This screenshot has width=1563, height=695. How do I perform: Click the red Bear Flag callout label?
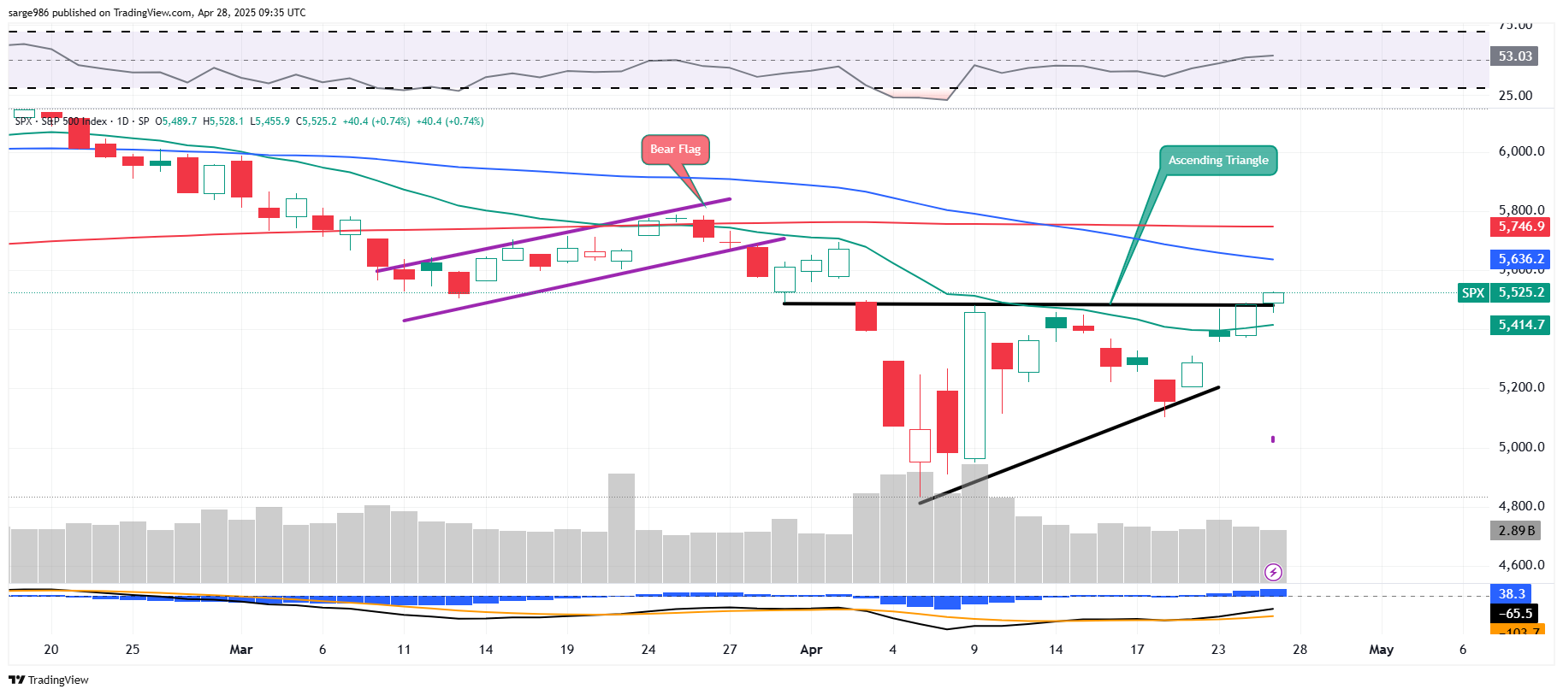click(x=675, y=150)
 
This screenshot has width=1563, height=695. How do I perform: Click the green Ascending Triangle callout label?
click(x=1218, y=161)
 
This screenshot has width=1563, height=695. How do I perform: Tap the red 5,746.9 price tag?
click(x=1519, y=227)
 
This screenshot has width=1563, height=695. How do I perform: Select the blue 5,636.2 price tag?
click(x=1519, y=259)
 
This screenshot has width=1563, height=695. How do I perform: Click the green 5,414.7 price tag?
click(x=1519, y=325)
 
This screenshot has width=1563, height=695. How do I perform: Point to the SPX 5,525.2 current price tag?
click(x=1504, y=292)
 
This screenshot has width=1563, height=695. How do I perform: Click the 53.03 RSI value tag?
click(x=1514, y=56)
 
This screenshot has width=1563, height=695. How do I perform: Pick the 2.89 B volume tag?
click(x=1516, y=531)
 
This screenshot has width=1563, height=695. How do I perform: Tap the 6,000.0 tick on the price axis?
click(x=1521, y=151)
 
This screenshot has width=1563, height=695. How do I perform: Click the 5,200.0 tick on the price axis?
click(x=1521, y=387)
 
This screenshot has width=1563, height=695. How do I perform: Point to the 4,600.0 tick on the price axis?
click(x=1521, y=565)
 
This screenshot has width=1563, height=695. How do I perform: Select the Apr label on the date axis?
click(x=811, y=650)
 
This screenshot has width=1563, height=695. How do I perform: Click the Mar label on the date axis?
click(x=241, y=650)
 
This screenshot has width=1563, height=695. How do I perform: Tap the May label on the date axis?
click(x=1381, y=650)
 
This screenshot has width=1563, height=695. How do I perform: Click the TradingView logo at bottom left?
click(x=49, y=680)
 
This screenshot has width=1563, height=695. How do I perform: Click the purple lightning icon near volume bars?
click(x=1273, y=572)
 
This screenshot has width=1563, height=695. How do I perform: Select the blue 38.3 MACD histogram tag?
click(x=1512, y=594)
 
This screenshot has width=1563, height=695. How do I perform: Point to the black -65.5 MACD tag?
click(x=1518, y=614)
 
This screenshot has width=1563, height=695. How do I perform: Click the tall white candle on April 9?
click(x=974, y=385)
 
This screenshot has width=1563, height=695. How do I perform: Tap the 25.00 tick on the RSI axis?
click(x=1515, y=96)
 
